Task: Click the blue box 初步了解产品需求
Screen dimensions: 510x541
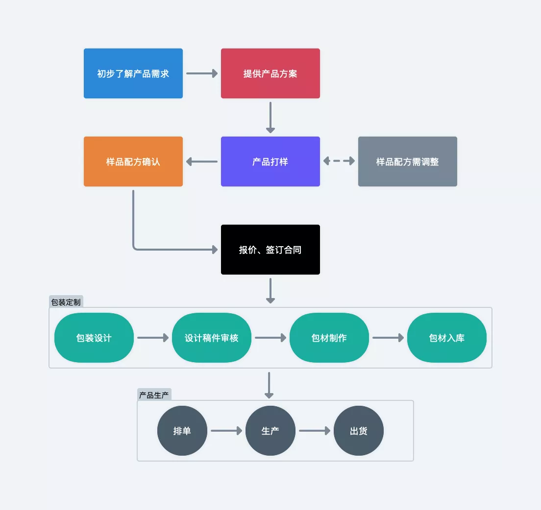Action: pos(133,73)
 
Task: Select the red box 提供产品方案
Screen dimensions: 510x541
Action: pos(270,73)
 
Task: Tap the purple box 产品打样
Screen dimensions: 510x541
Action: pos(270,162)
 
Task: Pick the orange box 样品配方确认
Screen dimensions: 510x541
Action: pos(133,162)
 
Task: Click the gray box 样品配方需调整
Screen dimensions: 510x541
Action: pos(408,162)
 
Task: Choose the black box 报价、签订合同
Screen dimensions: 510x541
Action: pos(270,250)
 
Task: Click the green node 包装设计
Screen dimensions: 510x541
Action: pos(94,338)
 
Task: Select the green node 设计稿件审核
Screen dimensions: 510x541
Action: pos(212,338)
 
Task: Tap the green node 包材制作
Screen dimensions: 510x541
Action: pos(329,338)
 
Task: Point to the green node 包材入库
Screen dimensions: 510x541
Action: pos(447,338)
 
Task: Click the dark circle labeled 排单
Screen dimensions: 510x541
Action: pos(182,431)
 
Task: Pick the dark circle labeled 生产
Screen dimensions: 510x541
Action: pos(270,431)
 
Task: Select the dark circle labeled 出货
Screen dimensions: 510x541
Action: pos(359,431)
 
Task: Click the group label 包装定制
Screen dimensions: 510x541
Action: pos(66,302)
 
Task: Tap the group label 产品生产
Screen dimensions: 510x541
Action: pos(154,395)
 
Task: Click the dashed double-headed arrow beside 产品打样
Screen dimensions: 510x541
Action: pos(339,161)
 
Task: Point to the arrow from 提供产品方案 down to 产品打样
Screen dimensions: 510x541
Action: pos(270,117)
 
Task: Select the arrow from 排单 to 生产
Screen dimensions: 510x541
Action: pos(226,431)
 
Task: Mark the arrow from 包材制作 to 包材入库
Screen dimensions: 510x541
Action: pos(388,337)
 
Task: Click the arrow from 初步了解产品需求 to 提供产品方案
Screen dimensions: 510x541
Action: pos(202,73)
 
